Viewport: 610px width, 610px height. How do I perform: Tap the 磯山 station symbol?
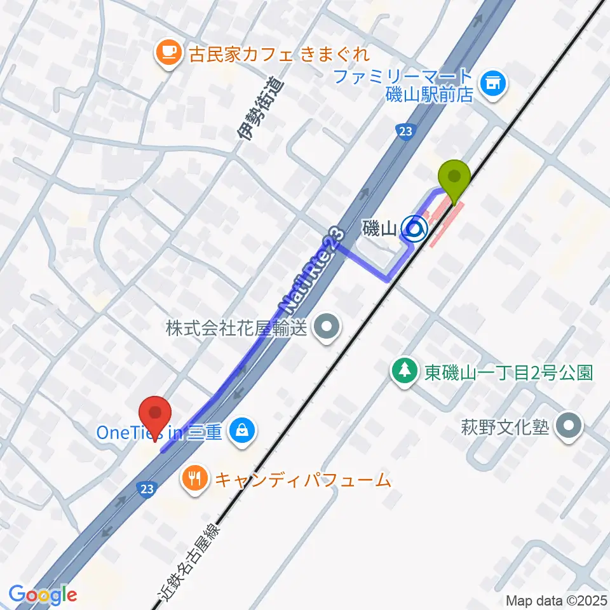414,229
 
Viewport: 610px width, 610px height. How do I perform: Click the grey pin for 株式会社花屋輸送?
327,328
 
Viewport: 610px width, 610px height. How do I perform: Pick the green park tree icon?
404,371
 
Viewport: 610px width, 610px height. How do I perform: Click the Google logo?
43,595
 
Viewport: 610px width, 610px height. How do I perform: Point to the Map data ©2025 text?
556,600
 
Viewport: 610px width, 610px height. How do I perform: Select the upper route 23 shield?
403,130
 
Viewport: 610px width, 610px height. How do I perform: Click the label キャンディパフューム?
302,480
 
